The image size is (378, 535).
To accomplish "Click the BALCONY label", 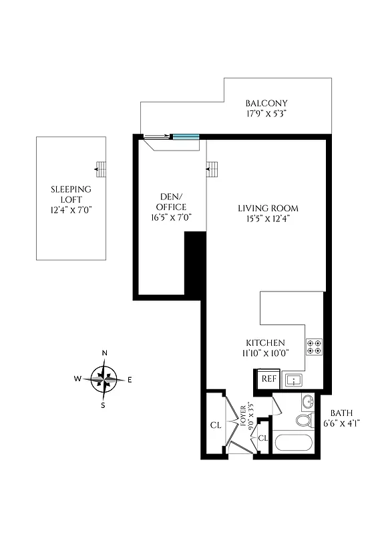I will click(266, 103).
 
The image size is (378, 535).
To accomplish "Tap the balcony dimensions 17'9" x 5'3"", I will click(266, 114).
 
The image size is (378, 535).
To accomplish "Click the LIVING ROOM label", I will click(268, 208).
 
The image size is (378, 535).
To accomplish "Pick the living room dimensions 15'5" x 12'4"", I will click(268, 218).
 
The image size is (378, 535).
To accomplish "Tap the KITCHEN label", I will click(265, 342).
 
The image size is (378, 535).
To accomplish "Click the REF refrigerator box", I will click(268, 379).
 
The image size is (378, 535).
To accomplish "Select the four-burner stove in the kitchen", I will click(315, 346).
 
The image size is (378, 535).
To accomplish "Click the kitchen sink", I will click(294, 380).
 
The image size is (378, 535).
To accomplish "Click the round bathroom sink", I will click(308, 403).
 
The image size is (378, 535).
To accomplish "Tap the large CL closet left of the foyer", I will click(216, 425).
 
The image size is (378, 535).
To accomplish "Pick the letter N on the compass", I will click(104, 354).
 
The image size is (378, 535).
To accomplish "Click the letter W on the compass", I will click(78, 379).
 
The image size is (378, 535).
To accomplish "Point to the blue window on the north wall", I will click(185, 136).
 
